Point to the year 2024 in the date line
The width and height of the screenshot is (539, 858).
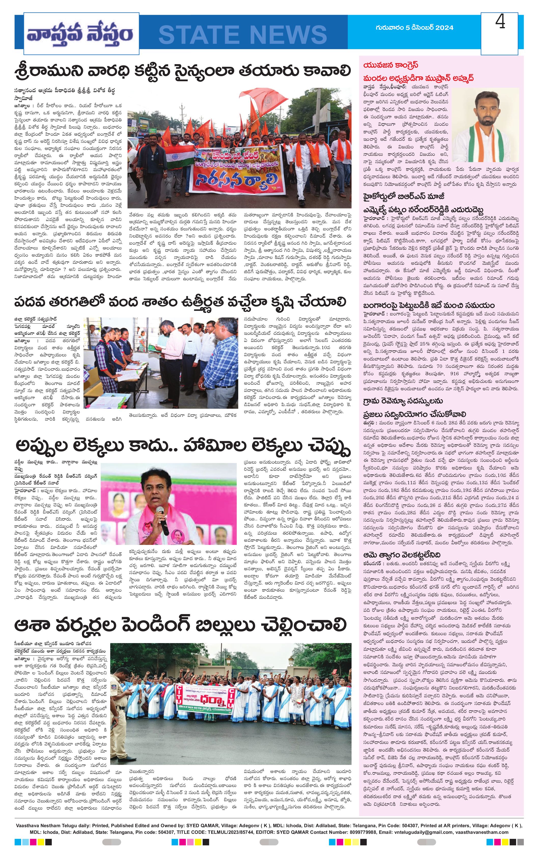pyautogui.click(x=444, y=28)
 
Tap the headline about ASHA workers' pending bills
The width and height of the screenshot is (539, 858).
pyautogui.click(x=180, y=625)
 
